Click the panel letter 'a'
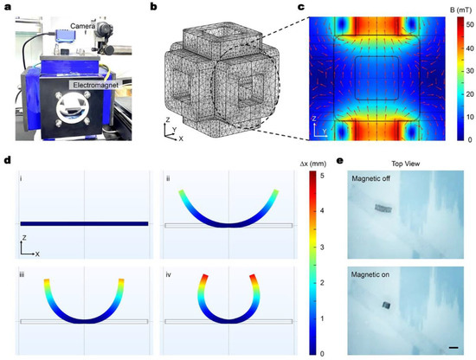[x=5, y=7]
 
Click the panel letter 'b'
[x=153, y=7]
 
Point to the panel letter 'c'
[x=301, y=7]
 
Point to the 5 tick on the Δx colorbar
[x=323, y=177]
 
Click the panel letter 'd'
[x=5, y=161]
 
